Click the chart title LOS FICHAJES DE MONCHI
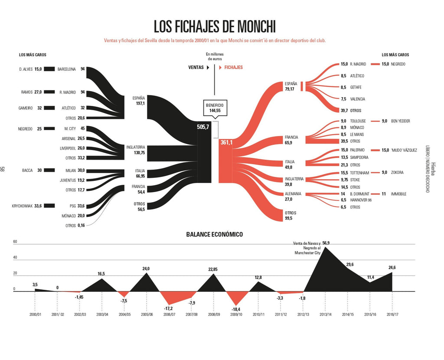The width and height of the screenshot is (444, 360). (215, 26)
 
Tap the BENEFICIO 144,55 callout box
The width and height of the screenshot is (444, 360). (215, 108)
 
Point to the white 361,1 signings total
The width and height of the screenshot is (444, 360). (226, 142)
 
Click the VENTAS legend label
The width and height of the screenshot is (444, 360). (196, 68)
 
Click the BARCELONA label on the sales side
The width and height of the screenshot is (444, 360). (67, 69)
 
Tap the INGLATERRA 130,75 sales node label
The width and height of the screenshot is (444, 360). (136, 150)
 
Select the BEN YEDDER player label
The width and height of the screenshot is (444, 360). (400, 121)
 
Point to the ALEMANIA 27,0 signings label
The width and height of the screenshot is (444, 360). (293, 196)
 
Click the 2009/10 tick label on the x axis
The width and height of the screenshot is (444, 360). (236, 315)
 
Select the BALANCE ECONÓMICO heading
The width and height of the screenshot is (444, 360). (215, 234)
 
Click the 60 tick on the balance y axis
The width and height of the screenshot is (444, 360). (15, 242)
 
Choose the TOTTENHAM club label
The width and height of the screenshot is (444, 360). (359, 173)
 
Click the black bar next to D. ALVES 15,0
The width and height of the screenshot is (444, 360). (49, 69)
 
